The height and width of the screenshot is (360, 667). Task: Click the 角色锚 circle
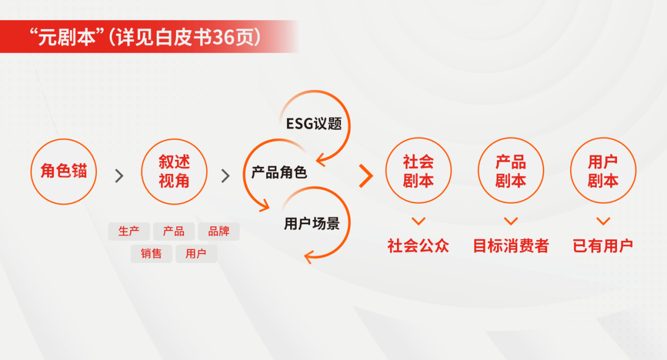coord(64,171)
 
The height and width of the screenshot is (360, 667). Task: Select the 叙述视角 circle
coord(174,171)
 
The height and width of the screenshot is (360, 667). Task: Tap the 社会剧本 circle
coord(419,171)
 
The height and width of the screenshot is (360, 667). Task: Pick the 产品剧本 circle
coord(511,171)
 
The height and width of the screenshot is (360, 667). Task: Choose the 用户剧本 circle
coord(603,171)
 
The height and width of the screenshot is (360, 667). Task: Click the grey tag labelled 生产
coord(129,232)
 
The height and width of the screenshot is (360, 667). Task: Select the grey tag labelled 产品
coord(174,232)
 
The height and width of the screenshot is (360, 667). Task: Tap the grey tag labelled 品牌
coord(219,232)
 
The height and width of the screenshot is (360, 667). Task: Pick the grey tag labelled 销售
coord(151,254)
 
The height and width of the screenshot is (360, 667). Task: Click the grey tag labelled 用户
coord(196,254)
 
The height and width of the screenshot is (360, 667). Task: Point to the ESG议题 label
coord(314,123)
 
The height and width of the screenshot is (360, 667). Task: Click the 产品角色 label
coord(279,173)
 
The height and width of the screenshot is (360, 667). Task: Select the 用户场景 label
coord(312,223)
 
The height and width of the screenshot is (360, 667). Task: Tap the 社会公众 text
coord(419,246)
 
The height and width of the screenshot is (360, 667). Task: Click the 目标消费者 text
coord(511,246)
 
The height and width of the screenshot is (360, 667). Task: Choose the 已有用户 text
coord(603,246)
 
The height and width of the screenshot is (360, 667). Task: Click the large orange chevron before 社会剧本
coord(366,176)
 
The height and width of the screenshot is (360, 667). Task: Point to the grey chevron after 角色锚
coord(119,176)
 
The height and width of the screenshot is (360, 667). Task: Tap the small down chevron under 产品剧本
coord(511,220)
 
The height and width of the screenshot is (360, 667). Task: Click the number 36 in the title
coord(220,37)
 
